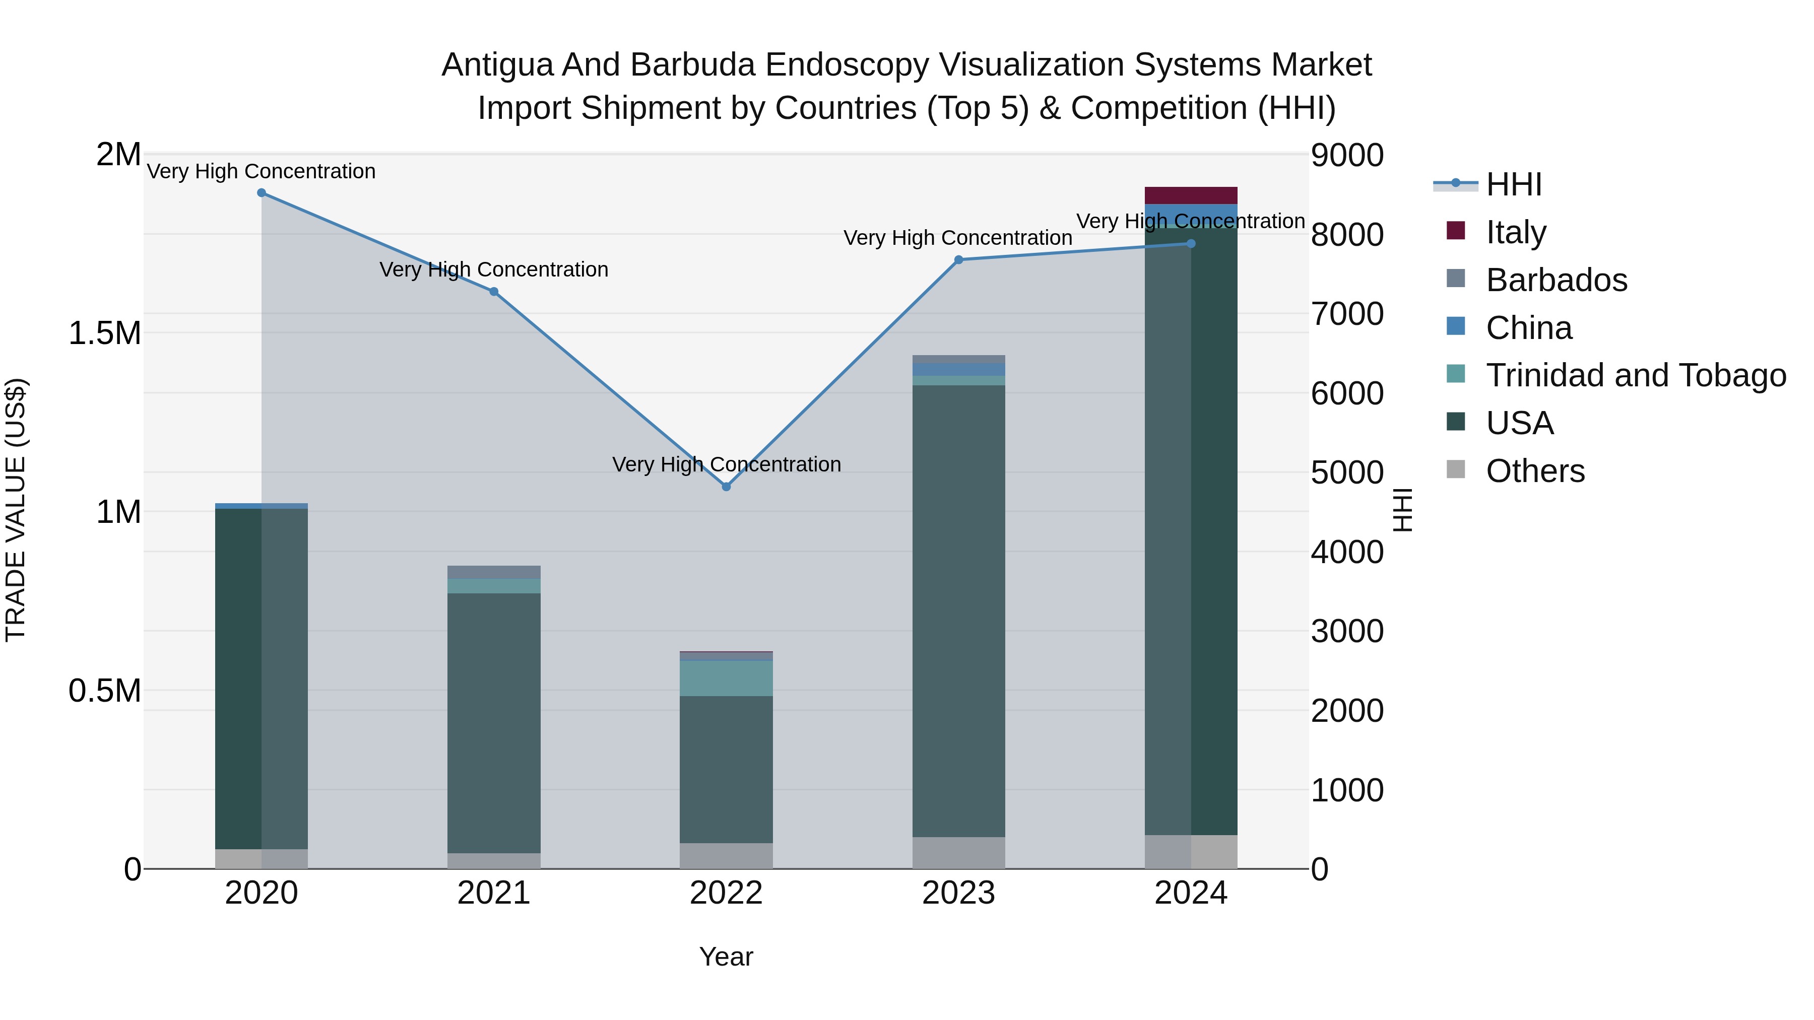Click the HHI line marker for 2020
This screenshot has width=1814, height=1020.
(x=261, y=193)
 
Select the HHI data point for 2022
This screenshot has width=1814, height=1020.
(x=726, y=487)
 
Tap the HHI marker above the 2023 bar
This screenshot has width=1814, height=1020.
(x=958, y=260)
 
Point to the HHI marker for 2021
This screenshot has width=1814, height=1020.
(x=494, y=292)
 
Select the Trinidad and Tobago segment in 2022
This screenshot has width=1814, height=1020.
(x=726, y=678)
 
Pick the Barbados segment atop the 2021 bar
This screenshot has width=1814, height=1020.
(x=494, y=572)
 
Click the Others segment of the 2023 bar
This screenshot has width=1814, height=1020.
(x=958, y=852)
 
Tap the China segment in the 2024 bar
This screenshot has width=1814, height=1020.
(x=1191, y=215)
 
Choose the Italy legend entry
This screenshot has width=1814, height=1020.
(x=1515, y=232)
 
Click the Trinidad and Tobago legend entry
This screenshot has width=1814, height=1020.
(x=1635, y=375)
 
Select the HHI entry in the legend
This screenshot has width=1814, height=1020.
(x=1513, y=184)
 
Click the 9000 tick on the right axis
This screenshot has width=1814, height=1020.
(x=1347, y=156)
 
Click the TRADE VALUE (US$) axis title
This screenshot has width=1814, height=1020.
(x=16, y=510)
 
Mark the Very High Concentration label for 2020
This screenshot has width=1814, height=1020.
(x=261, y=172)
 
